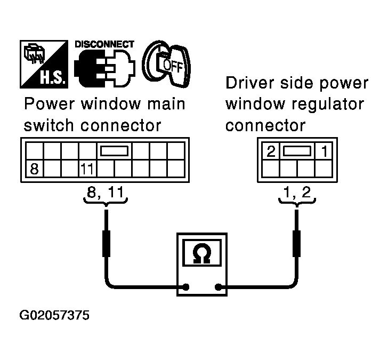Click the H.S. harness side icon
pyautogui.click(x=43, y=64)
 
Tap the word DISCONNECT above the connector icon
pyautogui.click(x=104, y=44)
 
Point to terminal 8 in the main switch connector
pyautogui.click(x=34, y=170)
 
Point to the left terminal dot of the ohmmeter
pyautogui.click(x=186, y=287)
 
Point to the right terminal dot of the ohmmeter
pyautogui.click(x=218, y=287)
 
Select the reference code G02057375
pyautogui.click(x=54, y=315)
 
